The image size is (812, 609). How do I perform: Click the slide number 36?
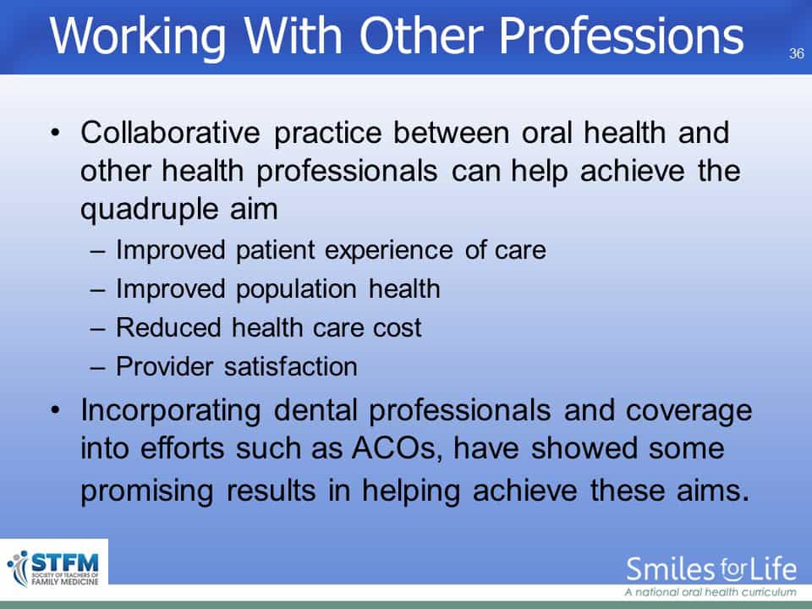pos(797,53)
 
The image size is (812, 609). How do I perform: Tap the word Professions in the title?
pos(621,36)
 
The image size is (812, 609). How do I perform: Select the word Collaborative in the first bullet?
pos(170,132)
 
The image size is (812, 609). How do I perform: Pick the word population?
pos(296,290)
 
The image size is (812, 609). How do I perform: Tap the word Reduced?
pos(169,328)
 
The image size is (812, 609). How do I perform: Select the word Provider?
pos(164,366)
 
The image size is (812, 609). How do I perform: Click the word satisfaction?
pos(290,366)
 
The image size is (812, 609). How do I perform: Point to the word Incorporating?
pos(170,412)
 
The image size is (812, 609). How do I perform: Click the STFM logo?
pos(53,568)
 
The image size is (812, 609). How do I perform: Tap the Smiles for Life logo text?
pos(711,569)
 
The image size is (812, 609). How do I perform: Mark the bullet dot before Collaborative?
pos(56,134)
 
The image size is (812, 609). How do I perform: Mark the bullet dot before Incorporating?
pos(56,411)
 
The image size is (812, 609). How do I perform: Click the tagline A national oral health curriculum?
pos(710,592)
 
